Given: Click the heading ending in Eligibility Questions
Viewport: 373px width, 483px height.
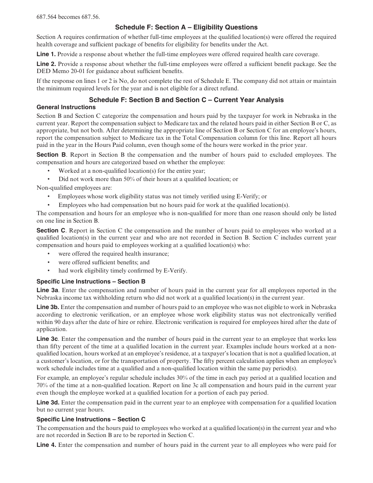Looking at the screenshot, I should point(186,27).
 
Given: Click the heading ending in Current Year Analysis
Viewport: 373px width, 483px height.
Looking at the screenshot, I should point(186,100).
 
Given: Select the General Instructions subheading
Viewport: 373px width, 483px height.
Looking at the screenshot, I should point(66,107).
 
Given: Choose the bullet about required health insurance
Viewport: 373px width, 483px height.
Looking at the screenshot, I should point(113,254).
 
